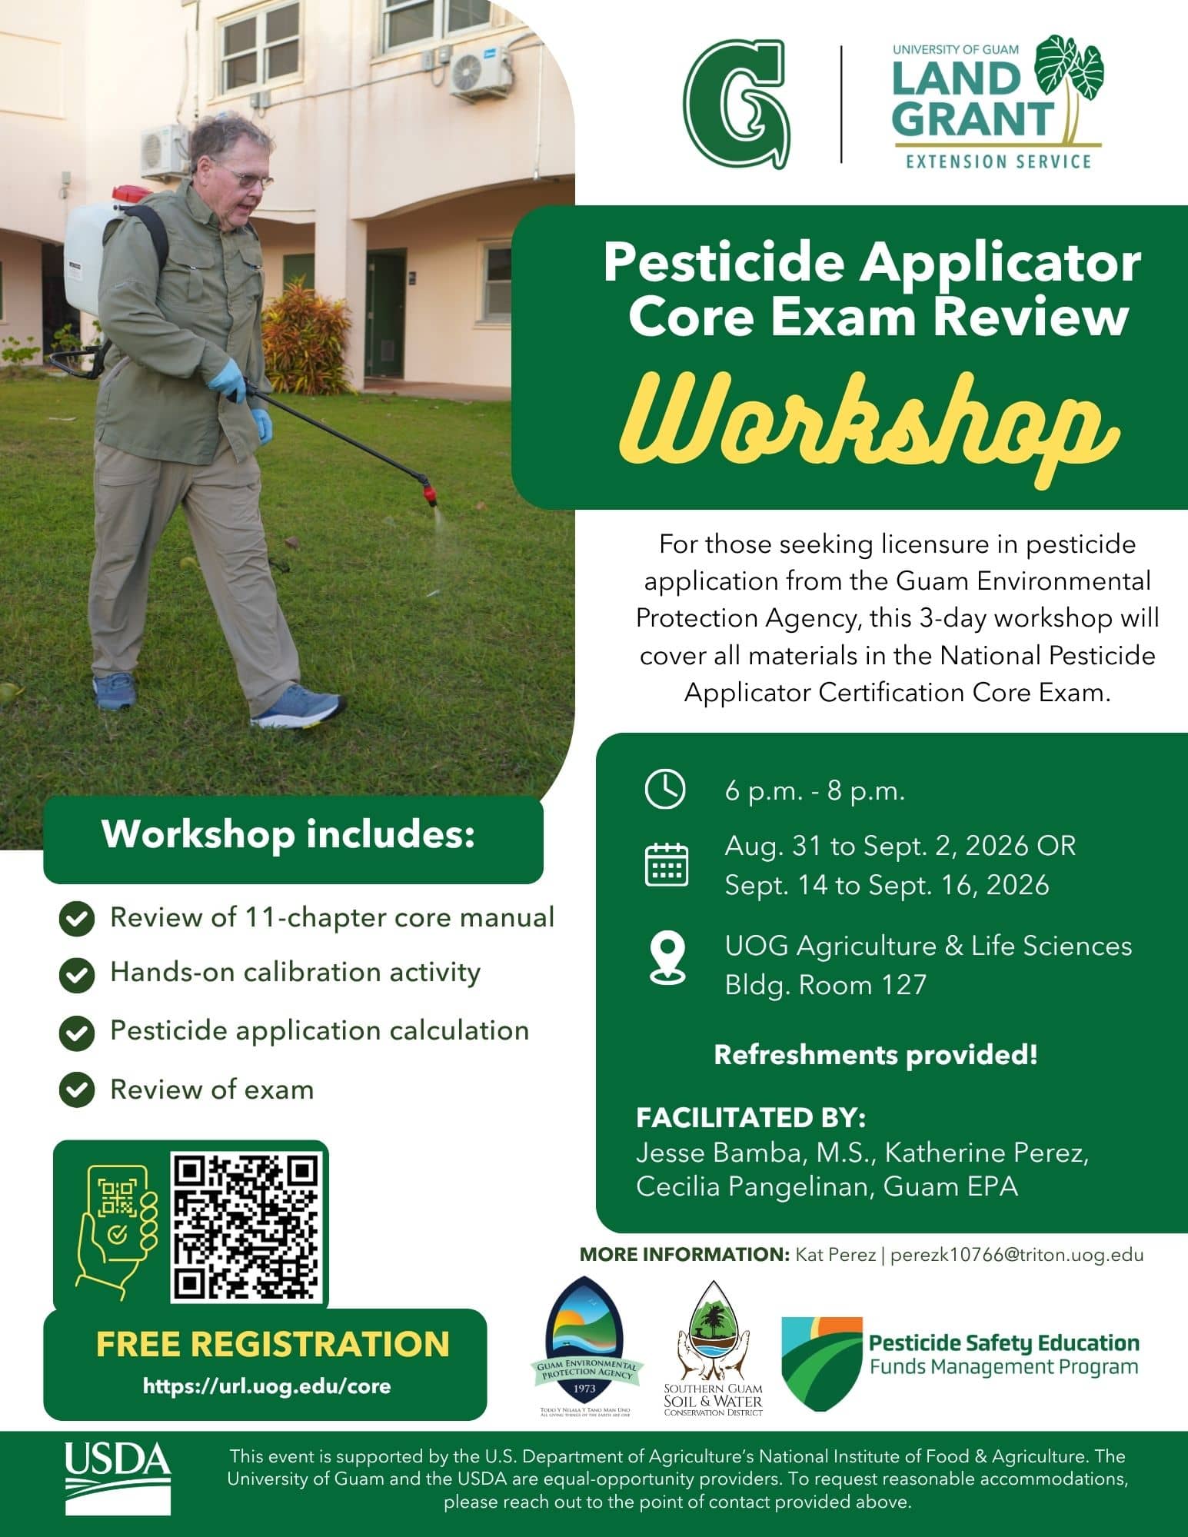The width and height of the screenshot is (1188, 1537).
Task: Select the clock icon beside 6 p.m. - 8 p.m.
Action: [664, 790]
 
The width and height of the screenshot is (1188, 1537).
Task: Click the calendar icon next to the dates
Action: [666, 864]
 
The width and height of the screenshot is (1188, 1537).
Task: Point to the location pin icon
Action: [667, 958]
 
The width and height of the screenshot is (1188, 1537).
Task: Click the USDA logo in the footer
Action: [118, 1478]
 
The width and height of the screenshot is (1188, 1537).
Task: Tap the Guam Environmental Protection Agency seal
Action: [586, 1346]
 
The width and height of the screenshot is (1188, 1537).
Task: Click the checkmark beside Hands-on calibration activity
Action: [76, 974]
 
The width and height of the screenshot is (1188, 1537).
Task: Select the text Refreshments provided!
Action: [876, 1054]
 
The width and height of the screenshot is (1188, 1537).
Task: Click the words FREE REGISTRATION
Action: [272, 1343]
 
